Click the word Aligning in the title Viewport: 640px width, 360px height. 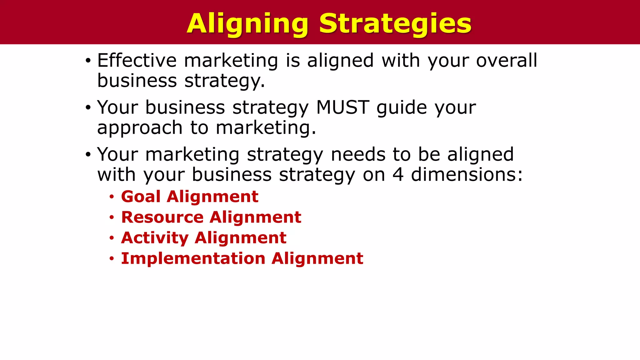click(x=247, y=24)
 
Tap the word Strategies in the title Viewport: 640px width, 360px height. click(x=395, y=24)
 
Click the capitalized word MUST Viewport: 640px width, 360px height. click(x=343, y=107)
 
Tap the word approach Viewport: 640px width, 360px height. click(x=140, y=128)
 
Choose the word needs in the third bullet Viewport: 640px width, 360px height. click(x=358, y=154)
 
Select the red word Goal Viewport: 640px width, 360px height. click(x=141, y=197)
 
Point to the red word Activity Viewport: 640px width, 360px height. click(x=155, y=238)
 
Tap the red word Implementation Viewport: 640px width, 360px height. click(x=193, y=258)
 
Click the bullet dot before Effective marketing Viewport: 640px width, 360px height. click(x=88, y=61)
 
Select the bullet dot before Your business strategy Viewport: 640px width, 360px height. click(x=88, y=108)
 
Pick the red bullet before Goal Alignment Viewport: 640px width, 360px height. click(x=112, y=197)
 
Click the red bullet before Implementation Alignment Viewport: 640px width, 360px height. click(x=112, y=259)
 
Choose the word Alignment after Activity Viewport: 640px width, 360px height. click(x=240, y=238)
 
